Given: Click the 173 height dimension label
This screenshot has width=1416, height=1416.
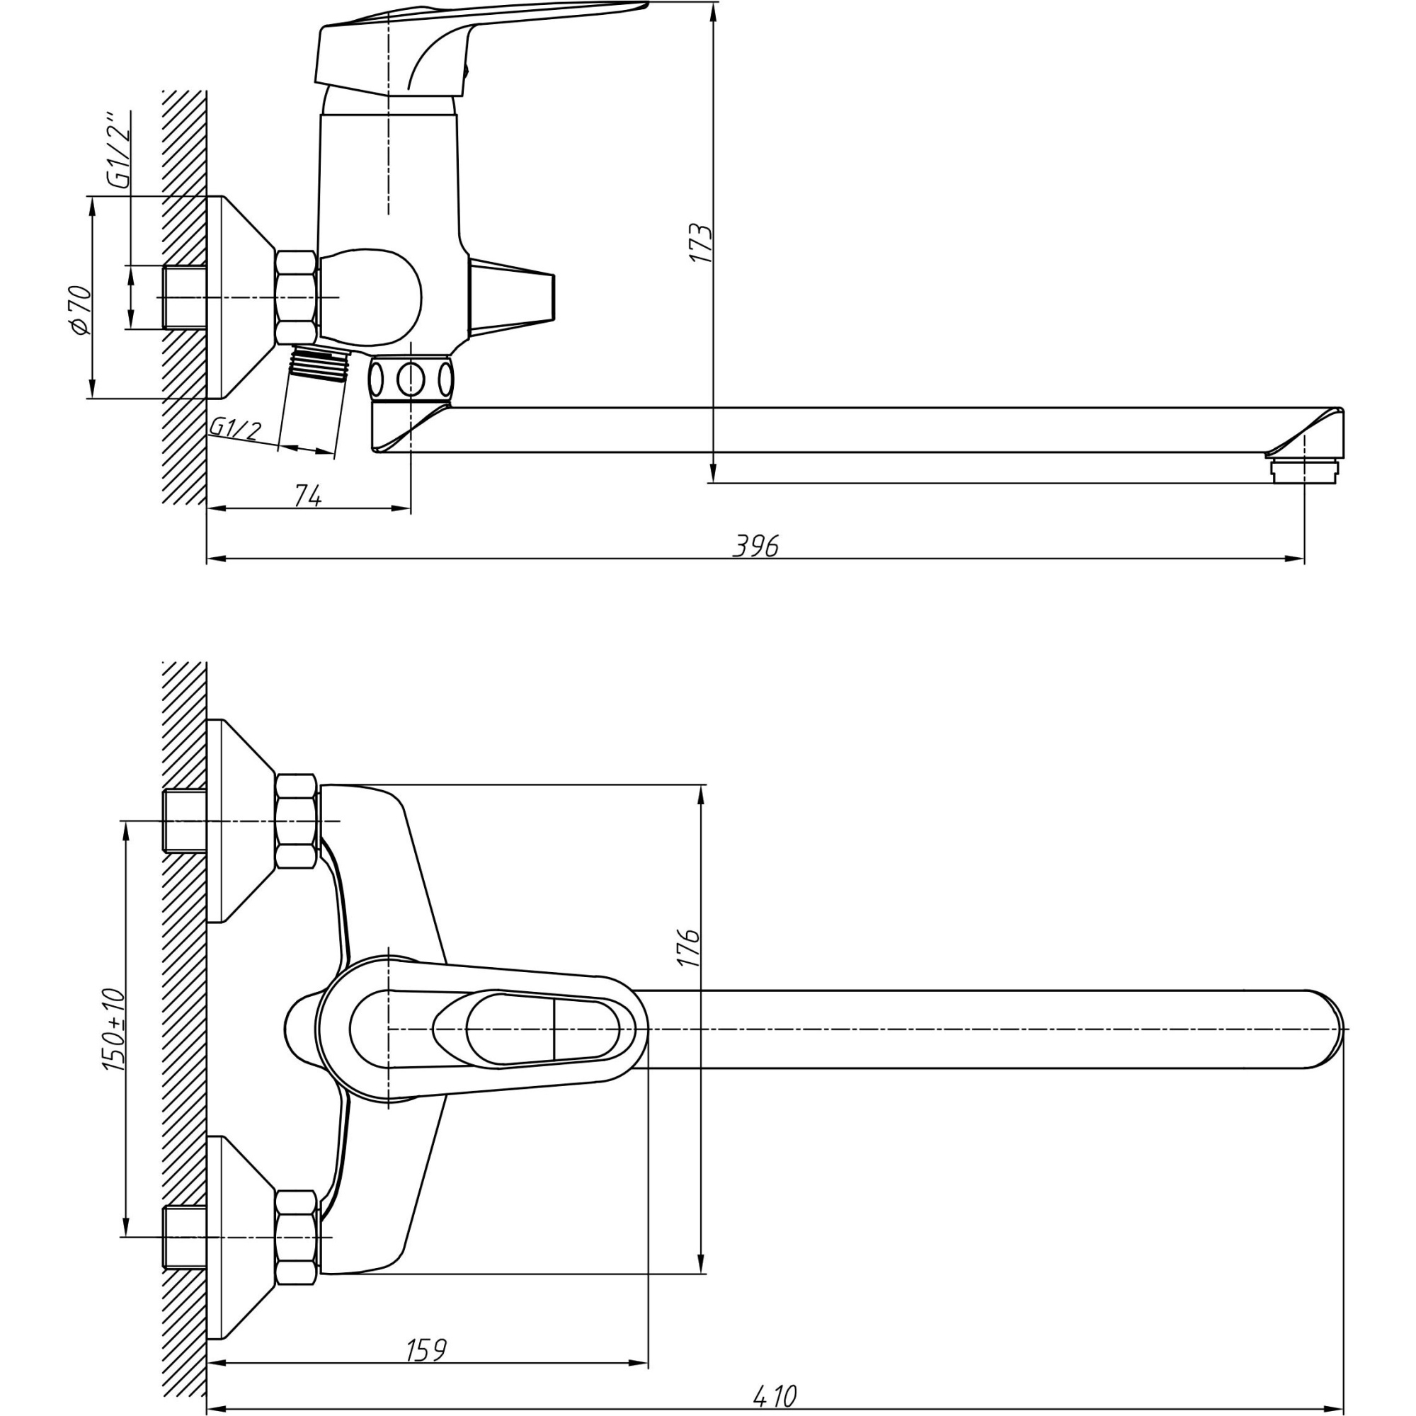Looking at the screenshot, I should pyautogui.click(x=701, y=244).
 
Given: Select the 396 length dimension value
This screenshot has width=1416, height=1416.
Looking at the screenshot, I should pyautogui.click(x=755, y=546).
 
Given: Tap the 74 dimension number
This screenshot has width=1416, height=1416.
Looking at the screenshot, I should pyautogui.click(x=308, y=496).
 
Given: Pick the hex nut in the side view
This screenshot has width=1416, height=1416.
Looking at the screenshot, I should pyautogui.click(x=297, y=297).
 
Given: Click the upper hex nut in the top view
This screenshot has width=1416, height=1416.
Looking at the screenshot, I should pyautogui.click(x=297, y=821).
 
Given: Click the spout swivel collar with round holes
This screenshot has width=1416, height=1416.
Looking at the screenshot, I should pyautogui.click(x=411, y=379).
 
